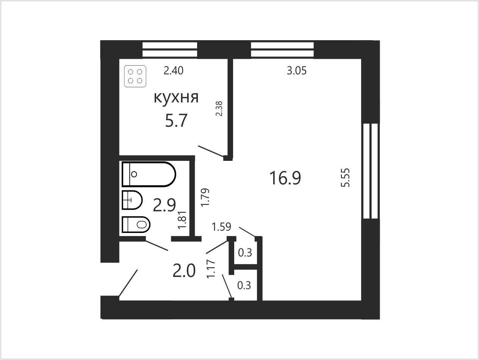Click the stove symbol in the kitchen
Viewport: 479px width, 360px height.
(135, 76)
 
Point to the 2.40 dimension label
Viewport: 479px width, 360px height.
(174, 71)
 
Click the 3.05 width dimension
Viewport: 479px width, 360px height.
(297, 71)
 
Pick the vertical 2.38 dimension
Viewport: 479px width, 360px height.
(219, 108)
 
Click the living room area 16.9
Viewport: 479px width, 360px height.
(285, 178)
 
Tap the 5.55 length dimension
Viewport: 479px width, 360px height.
(345, 178)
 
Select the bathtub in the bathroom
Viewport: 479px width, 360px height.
(149, 174)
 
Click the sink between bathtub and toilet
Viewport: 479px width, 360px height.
(132, 200)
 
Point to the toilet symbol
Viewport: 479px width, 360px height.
(136, 224)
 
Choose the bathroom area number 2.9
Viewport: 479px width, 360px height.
(164, 205)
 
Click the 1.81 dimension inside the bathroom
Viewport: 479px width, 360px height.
(182, 220)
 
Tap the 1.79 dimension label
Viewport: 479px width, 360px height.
(205, 198)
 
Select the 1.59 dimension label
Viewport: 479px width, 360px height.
(221, 227)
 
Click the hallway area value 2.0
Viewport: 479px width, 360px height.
(184, 270)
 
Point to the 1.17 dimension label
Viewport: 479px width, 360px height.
(211, 269)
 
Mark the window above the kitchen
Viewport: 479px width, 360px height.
(170, 50)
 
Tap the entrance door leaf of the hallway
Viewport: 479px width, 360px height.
(128, 283)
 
